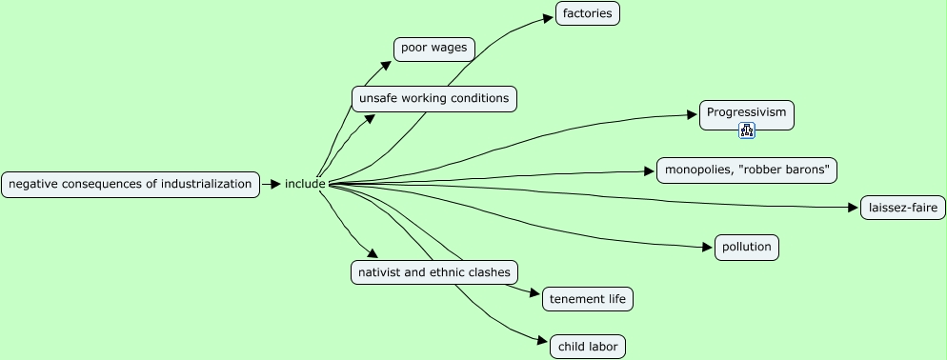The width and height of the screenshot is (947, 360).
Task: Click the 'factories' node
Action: click(588, 13)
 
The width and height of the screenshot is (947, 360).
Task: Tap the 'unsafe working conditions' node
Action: click(433, 98)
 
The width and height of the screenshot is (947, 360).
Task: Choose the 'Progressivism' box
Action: click(746, 112)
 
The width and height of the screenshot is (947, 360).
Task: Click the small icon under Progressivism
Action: click(747, 130)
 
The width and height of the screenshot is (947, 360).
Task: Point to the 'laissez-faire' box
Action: click(902, 208)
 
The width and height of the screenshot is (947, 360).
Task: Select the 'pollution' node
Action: click(746, 248)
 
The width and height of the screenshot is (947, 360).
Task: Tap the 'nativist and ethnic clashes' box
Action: click(433, 272)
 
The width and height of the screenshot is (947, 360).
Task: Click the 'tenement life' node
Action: click(588, 299)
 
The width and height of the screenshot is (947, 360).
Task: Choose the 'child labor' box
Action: click(588, 347)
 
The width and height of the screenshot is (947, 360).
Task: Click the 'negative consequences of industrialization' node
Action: click(131, 184)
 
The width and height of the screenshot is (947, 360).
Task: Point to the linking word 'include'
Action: click(305, 184)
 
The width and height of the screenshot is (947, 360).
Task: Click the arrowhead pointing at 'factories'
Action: click(550, 15)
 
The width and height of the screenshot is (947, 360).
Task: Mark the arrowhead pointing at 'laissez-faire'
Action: click(854, 207)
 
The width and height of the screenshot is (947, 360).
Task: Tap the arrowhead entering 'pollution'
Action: click(709, 248)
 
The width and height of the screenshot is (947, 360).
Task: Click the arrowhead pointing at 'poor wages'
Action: click(387, 65)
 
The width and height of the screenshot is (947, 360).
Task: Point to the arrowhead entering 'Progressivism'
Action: click(694, 114)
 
